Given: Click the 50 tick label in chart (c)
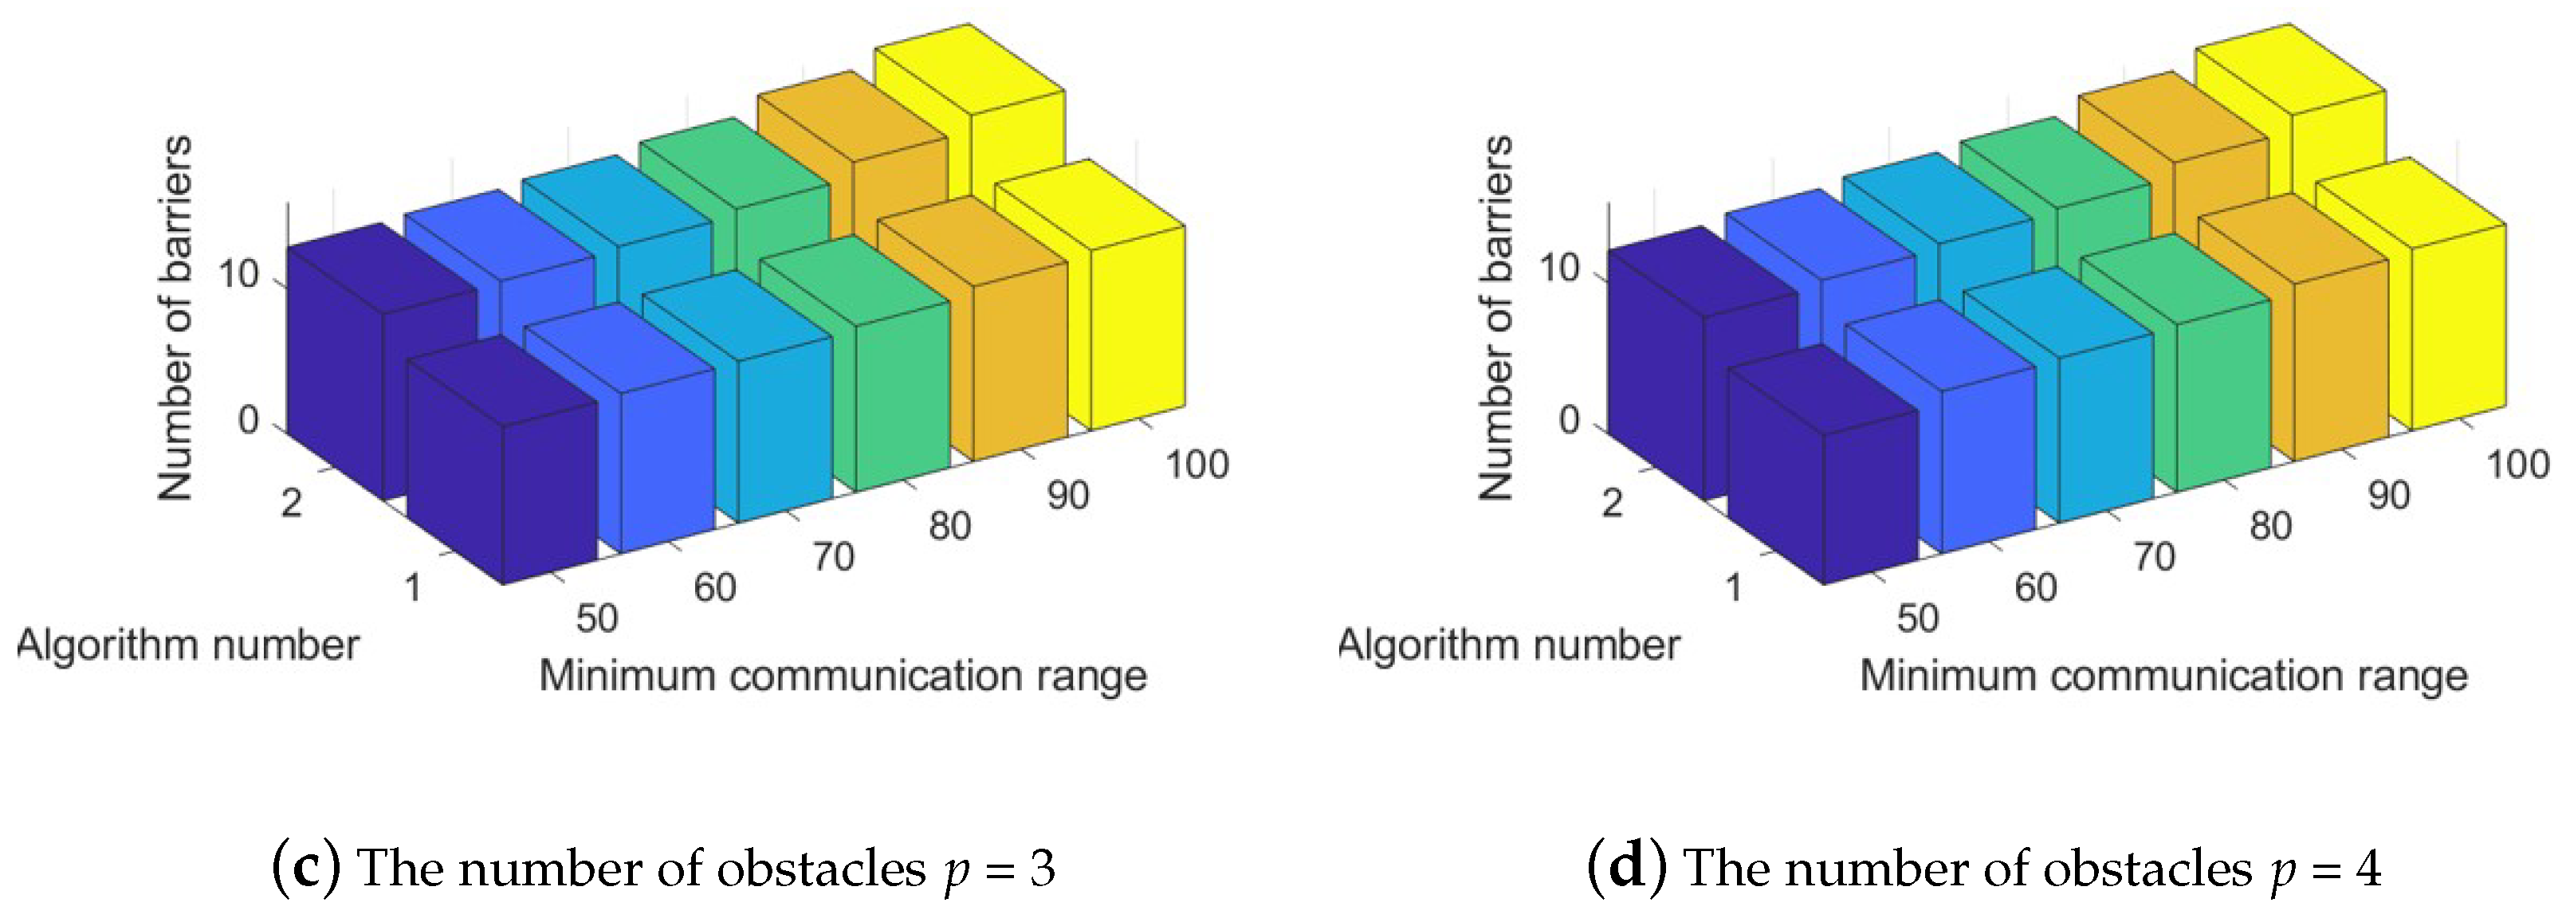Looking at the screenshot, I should click(597, 618).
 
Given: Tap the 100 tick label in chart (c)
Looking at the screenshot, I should click(1197, 465).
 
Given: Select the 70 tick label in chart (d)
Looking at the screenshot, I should click(2154, 556).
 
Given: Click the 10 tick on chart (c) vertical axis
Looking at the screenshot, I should click(239, 274).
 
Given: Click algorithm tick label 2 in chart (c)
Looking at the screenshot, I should click(291, 503).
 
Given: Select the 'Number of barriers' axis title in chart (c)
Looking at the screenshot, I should click(175, 319).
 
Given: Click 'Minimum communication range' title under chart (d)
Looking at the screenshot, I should click(2163, 676).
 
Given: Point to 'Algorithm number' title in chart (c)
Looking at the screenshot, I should click(189, 645).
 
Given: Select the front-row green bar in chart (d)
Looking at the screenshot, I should click(2222, 388).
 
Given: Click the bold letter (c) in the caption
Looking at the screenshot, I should click(306, 869).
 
